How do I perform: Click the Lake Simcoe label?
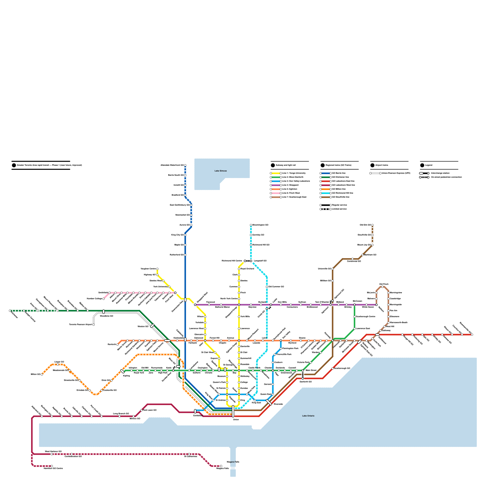220,171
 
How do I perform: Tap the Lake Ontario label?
308,416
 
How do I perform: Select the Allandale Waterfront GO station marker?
185,165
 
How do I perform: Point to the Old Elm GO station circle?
372,225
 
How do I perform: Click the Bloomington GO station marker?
251,225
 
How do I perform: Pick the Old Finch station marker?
382,287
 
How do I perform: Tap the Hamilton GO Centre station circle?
52,466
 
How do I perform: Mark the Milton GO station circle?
42,374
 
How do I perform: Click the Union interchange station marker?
233,411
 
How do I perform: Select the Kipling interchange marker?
122,371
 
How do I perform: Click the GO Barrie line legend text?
339,173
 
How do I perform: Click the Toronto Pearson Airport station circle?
94,325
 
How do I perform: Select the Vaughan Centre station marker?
157,269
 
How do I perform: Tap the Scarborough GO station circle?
333,368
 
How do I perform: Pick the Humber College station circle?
104,299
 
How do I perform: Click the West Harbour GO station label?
53,451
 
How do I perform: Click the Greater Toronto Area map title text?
49,165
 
